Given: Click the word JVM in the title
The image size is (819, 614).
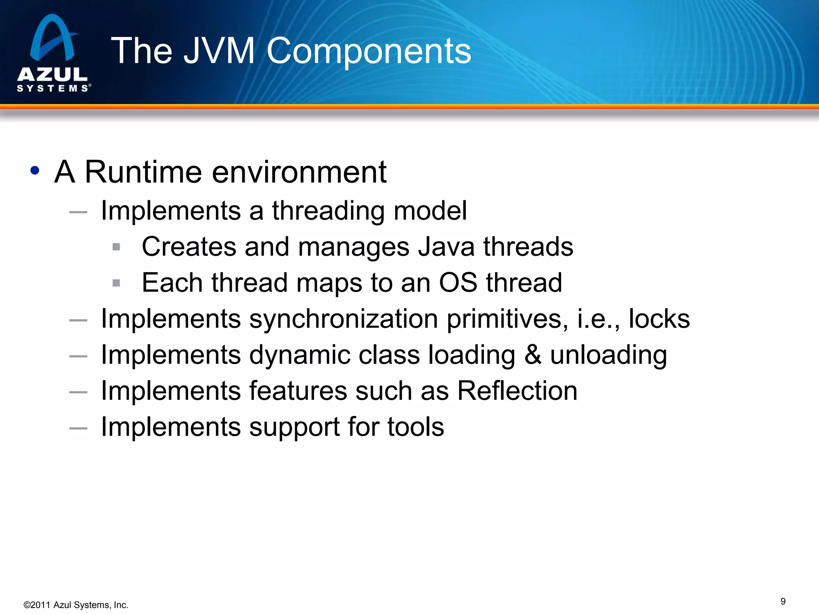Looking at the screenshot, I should (x=219, y=51).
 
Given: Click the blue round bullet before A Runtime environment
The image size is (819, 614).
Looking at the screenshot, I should (x=35, y=171).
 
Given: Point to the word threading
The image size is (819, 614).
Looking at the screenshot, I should (x=328, y=211).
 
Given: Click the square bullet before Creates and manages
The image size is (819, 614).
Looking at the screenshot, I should (x=116, y=247).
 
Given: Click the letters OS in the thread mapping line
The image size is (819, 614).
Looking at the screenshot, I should (x=458, y=283).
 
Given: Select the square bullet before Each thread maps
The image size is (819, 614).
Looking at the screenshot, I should (x=116, y=283).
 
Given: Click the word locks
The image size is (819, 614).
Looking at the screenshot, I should (x=659, y=319).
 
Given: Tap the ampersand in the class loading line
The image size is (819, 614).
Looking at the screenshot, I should (x=533, y=355).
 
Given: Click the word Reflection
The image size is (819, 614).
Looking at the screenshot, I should (x=517, y=391).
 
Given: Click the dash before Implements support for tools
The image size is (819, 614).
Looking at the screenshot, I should (x=78, y=428).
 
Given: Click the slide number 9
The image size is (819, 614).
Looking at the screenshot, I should (x=783, y=601).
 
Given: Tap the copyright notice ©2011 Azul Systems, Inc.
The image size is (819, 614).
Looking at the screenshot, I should (x=76, y=605).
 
